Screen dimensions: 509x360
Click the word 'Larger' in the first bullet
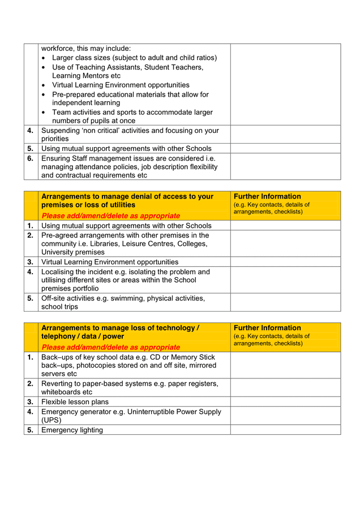63,58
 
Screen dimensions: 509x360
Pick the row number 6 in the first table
31,158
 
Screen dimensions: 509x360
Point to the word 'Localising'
59,271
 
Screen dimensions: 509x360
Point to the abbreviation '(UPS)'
51,420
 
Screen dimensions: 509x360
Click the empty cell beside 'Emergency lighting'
285,430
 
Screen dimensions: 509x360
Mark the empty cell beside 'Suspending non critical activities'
285,135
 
